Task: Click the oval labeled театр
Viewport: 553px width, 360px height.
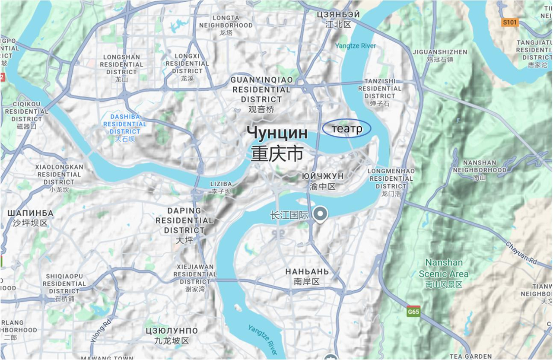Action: coord(346,129)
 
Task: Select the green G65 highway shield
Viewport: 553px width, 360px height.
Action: coord(413,311)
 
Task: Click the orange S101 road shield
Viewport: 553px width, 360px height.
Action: coord(510,22)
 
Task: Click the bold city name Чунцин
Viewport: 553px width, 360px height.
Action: coord(277,134)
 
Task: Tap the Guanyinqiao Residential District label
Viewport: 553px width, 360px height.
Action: coord(261,90)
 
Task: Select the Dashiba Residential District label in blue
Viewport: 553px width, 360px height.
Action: coord(125,124)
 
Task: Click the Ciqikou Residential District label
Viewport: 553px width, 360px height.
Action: coord(27,112)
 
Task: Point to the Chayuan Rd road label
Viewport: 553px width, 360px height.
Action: coord(521,253)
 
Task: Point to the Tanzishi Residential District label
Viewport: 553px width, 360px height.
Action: coord(380,88)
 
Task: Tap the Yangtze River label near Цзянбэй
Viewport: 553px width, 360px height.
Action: coord(356,46)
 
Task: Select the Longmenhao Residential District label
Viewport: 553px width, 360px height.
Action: coord(391,178)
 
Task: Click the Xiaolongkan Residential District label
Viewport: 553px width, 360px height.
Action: coord(59,175)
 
